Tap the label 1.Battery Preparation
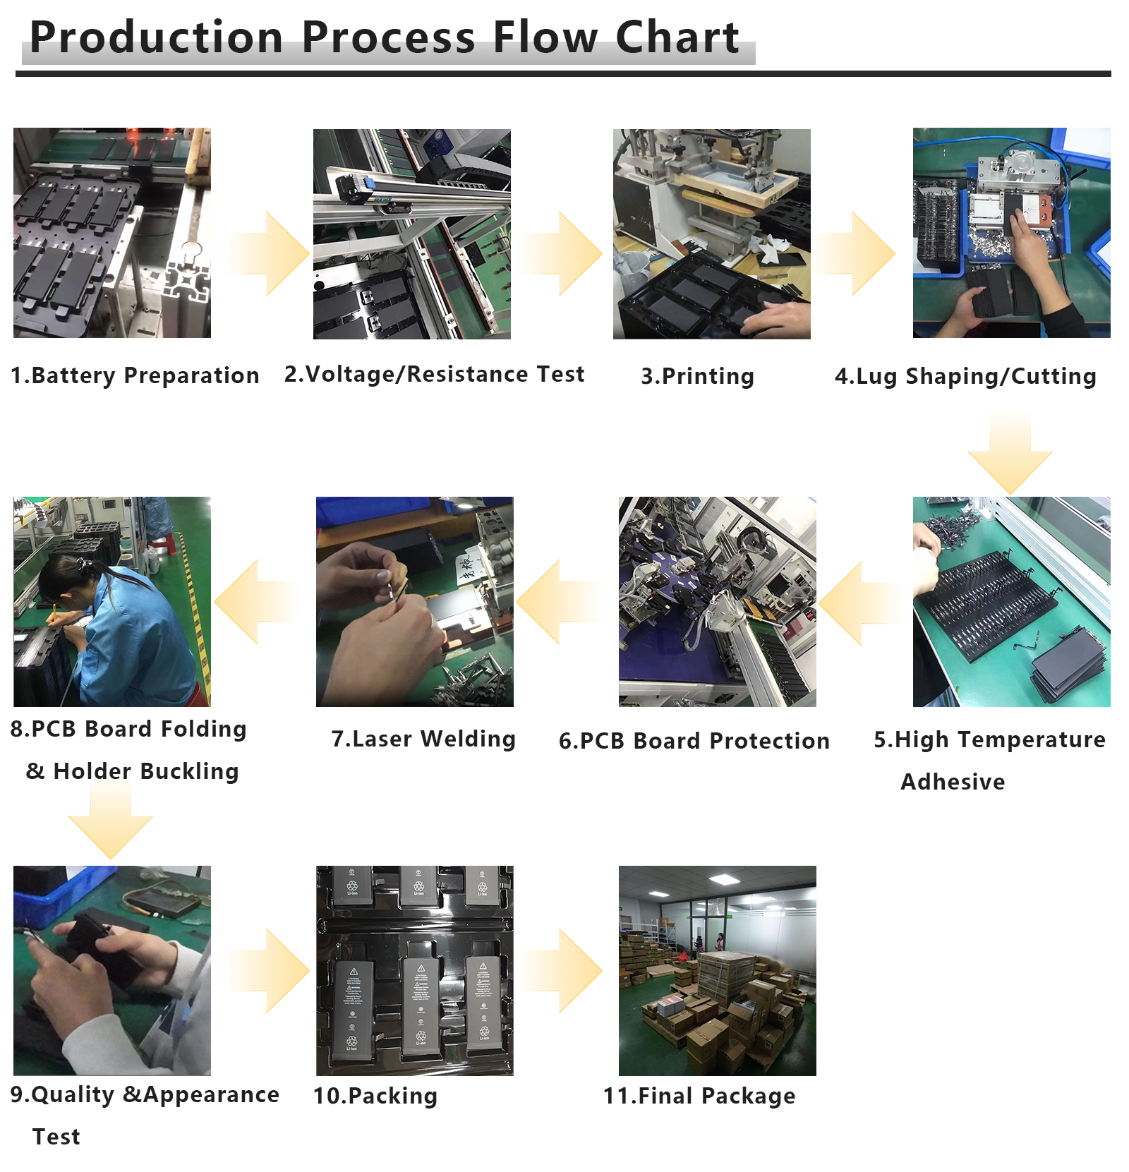[x=135, y=375]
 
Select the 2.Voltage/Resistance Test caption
[x=434, y=374]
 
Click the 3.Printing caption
[x=697, y=376]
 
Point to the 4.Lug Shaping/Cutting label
[x=965, y=376]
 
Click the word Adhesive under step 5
[x=953, y=782]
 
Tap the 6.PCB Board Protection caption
[x=694, y=741]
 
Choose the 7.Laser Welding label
[x=423, y=739]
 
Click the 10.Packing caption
[x=375, y=1096]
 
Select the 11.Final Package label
[x=699, y=1096]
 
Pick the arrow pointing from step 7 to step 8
[x=254, y=602]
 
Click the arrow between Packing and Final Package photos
[x=564, y=971]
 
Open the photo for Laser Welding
[x=414, y=602]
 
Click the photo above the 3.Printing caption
[x=711, y=234]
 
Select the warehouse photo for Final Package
[x=717, y=970]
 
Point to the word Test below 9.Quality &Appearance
[x=56, y=1137]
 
